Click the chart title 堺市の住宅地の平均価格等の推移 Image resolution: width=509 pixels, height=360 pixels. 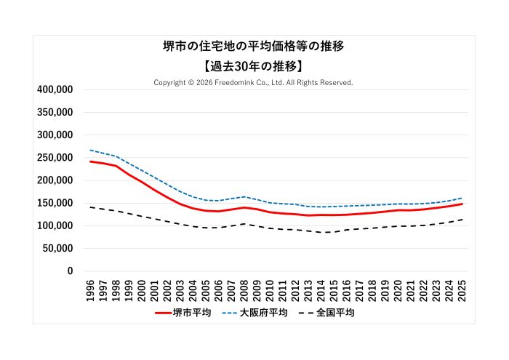(x=254, y=46)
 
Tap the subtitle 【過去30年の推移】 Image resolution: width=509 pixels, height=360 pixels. (x=254, y=65)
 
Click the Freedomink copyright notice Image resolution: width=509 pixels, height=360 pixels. (x=254, y=83)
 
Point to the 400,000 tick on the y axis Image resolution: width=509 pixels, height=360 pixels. (x=55, y=89)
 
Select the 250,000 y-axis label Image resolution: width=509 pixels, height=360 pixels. (x=55, y=158)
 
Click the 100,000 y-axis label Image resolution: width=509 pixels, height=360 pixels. (x=55, y=225)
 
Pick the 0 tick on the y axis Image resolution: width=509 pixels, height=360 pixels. (x=71, y=271)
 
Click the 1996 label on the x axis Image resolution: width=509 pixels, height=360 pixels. (x=90, y=289)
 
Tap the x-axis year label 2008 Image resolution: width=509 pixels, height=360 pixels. (x=244, y=289)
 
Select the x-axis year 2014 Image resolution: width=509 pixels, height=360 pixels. (x=321, y=289)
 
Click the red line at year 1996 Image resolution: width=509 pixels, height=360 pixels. (x=90, y=161)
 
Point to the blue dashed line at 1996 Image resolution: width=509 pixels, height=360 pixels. (x=90, y=151)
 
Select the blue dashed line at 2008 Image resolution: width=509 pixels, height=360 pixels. (x=244, y=196)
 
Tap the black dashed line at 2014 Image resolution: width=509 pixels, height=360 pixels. (x=321, y=232)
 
